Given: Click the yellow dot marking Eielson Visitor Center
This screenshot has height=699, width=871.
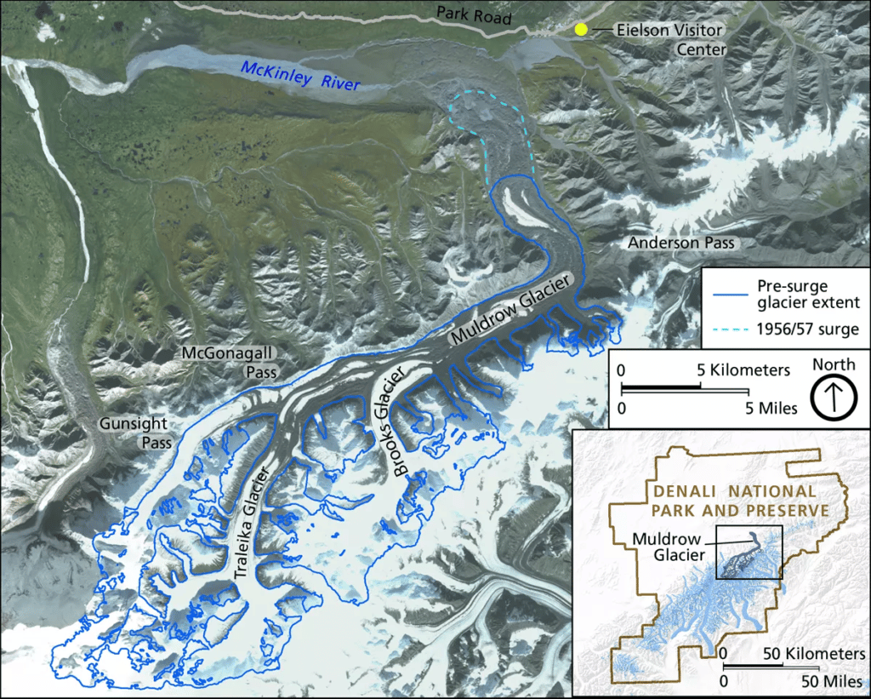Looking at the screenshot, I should tap(581, 30).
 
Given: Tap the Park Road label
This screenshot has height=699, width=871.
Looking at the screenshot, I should tap(475, 14).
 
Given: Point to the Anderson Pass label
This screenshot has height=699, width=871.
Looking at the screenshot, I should tap(680, 244).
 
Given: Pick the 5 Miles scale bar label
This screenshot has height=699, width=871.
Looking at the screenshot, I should tap(769, 409).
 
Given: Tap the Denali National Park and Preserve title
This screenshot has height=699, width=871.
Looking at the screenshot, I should tap(733, 501).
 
